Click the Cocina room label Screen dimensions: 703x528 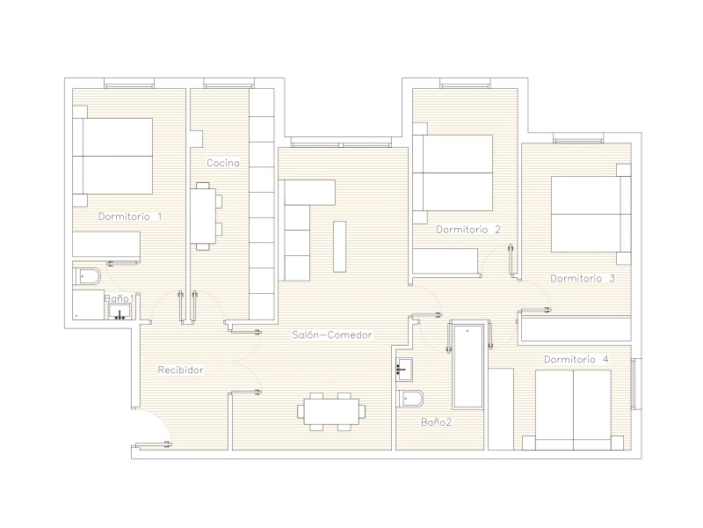(x=223, y=163)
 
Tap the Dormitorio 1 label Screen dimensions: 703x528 (x=130, y=216)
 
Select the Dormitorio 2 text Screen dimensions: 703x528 (x=468, y=230)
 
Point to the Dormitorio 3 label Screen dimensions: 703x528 (x=583, y=278)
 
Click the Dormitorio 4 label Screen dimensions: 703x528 (x=576, y=360)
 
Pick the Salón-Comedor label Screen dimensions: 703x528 (x=332, y=335)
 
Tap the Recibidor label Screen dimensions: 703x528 (x=180, y=370)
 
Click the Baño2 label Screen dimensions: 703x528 (x=436, y=422)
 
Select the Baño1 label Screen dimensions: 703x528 (x=119, y=298)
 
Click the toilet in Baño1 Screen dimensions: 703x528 (x=87, y=276)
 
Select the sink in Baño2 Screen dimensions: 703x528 (x=404, y=370)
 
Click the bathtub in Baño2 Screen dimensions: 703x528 (x=467, y=367)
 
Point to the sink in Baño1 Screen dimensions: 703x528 (x=120, y=312)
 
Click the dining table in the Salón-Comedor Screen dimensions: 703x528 (x=331, y=411)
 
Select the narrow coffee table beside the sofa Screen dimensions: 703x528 (x=340, y=246)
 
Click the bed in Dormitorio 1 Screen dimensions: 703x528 (x=112, y=157)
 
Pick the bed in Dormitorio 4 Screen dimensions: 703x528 (x=573, y=410)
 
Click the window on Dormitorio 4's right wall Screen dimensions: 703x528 (x=636, y=384)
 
